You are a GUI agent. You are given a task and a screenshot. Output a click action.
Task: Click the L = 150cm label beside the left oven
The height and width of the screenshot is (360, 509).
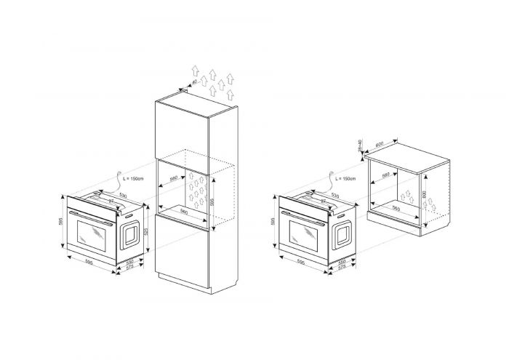pos(135,178)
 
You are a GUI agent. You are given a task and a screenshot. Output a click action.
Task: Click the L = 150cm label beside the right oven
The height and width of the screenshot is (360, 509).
pos(345,178)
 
